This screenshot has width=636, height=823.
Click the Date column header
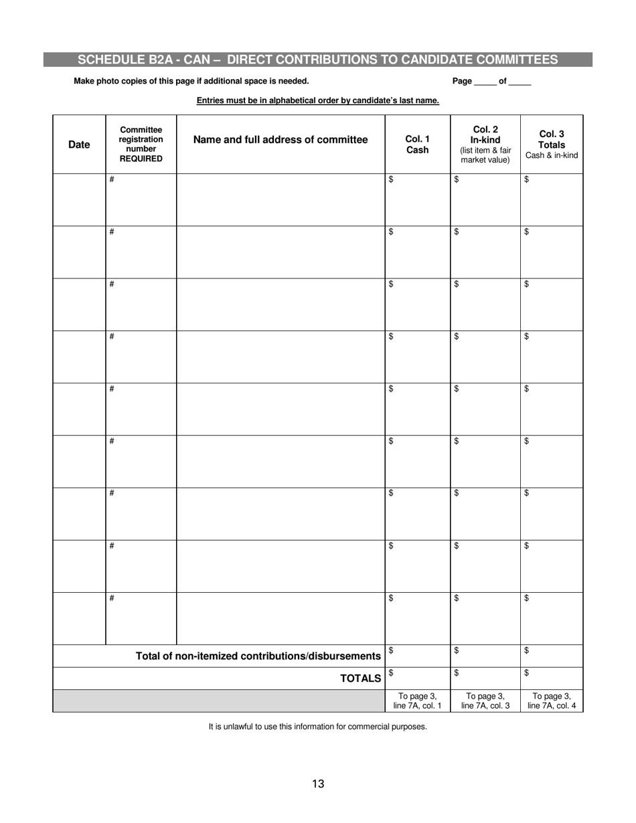pyautogui.click(x=79, y=145)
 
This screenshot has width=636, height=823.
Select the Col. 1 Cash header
pyautogui.click(x=417, y=145)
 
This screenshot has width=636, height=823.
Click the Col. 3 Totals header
pyautogui.click(x=551, y=145)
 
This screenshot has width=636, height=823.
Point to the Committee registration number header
pyautogui.click(x=141, y=145)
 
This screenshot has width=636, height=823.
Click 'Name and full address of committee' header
pyautogui.click(x=281, y=140)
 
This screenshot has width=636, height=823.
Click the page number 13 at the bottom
pyautogui.click(x=318, y=784)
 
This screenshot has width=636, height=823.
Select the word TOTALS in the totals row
pyautogui.click(x=361, y=678)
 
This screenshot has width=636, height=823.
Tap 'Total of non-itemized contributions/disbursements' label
pyautogui.click(x=258, y=656)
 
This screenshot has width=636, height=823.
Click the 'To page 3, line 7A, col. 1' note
pyautogui.click(x=417, y=701)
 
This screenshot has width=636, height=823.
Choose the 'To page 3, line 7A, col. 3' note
pyautogui.click(x=485, y=701)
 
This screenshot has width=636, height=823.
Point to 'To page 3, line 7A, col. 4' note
pyautogui.click(x=551, y=701)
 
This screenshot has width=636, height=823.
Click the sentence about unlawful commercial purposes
pyautogui.click(x=317, y=726)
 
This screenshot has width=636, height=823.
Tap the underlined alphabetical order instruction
pyautogui.click(x=318, y=101)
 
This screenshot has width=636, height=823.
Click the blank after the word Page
pyautogui.click(x=485, y=82)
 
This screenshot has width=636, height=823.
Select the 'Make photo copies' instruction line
pyautogui.click(x=191, y=81)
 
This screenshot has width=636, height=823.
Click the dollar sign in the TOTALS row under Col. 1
pyautogui.click(x=391, y=672)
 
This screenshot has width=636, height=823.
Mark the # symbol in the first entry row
pyautogui.click(x=112, y=179)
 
